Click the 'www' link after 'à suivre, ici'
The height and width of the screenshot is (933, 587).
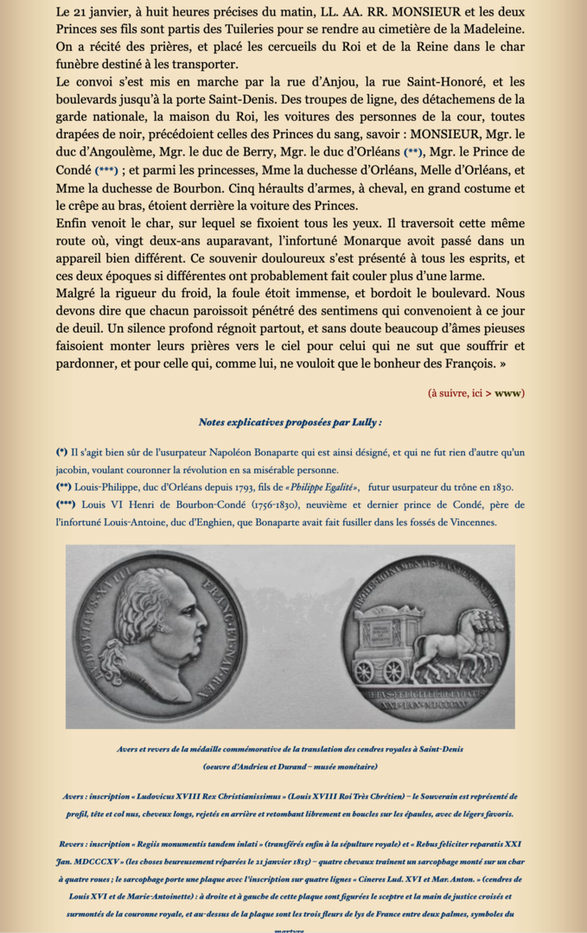pyautogui.click(x=509, y=393)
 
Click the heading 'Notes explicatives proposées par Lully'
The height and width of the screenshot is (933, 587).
pyautogui.click(x=290, y=422)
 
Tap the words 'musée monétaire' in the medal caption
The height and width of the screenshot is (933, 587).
pyautogui.click(x=341, y=765)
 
